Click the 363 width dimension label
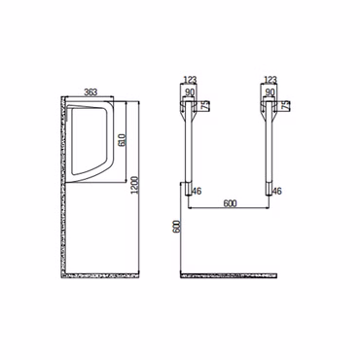(x=90, y=92)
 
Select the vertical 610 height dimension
(x=123, y=140)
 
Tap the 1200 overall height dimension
(x=134, y=185)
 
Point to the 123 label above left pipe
(x=190, y=80)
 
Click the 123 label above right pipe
(x=270, y=80)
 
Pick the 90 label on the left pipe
(x=189, y=92)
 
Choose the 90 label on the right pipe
(x=270, y=92)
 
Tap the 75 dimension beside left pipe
(x=205, y=106)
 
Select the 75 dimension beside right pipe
(x=286, y=106)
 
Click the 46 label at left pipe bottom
(x=197, y=192)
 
